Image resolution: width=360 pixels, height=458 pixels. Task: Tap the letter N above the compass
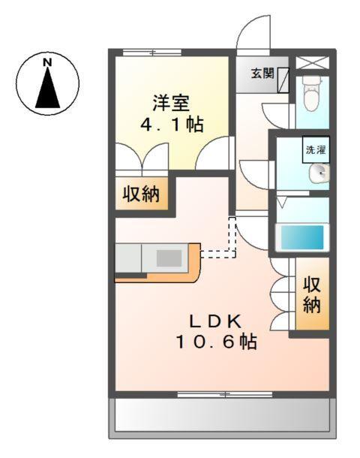pyautogui.click(x=48, y=59)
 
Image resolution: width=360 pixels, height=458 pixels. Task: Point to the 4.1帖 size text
pyautogui.click(x=172, y=124)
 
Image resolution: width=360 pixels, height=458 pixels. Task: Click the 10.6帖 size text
pyautogui.click(x=217, y=343)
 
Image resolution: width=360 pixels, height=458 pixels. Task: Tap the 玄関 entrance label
pyautogui.click(x=262, y=74)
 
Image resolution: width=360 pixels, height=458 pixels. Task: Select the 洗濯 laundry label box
pyautogui.click(x=315, y=149)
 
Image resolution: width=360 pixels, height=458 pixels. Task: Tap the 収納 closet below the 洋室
pyautogui.click(x=141, y=195)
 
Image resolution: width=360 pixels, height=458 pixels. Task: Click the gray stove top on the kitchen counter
pyautogui.click(x=169, y=258)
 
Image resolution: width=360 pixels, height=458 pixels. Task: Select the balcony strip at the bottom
pyautogui.click(x=220, y=415)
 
